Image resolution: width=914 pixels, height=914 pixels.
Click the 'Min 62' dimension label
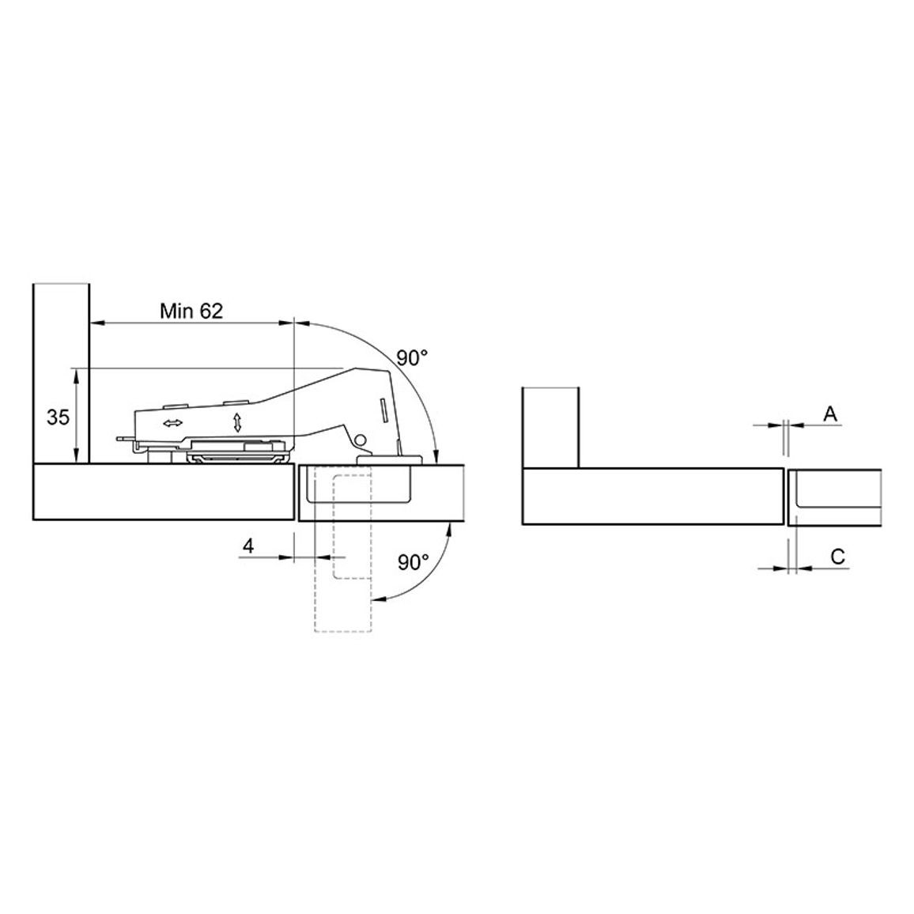click(x=191, y=311)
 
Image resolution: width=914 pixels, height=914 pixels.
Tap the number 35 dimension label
click(x=58, y=417)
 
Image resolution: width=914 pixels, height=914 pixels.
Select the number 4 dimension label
click(x=248, y=546)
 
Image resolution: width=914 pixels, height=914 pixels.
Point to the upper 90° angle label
click(x=412, y=357)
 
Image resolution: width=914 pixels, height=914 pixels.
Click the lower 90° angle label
click(x=413, y=562)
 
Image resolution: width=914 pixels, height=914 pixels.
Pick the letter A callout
click(x=830, y=414)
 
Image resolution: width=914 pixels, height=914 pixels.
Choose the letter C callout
click(x=837, y=557)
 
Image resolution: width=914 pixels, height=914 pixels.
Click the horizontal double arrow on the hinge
click(x=173, y=423)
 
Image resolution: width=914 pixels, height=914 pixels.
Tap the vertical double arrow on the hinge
click(x=237, y=422)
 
